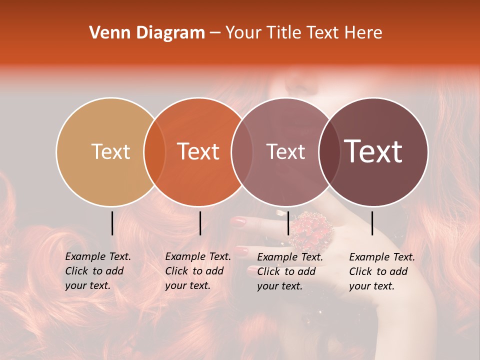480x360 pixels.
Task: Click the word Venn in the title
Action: [x=105, y=33]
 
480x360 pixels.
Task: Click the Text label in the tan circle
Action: [x=110, y=151]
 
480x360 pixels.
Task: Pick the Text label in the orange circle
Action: [x=198, y=151]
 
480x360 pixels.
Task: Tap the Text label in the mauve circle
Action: [x=286, y=151]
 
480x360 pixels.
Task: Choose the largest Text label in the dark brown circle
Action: [x=373, y=151]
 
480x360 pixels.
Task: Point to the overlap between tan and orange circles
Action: [x=154, y=152]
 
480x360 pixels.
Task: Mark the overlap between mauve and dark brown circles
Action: [x=329, y=152]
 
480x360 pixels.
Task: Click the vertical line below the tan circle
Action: [x=112, y=223]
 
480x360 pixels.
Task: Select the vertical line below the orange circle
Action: [x=200, y=223]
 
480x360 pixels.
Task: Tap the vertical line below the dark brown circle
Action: [x=372, y=223]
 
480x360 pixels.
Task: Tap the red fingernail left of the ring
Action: [x=240, y=221]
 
